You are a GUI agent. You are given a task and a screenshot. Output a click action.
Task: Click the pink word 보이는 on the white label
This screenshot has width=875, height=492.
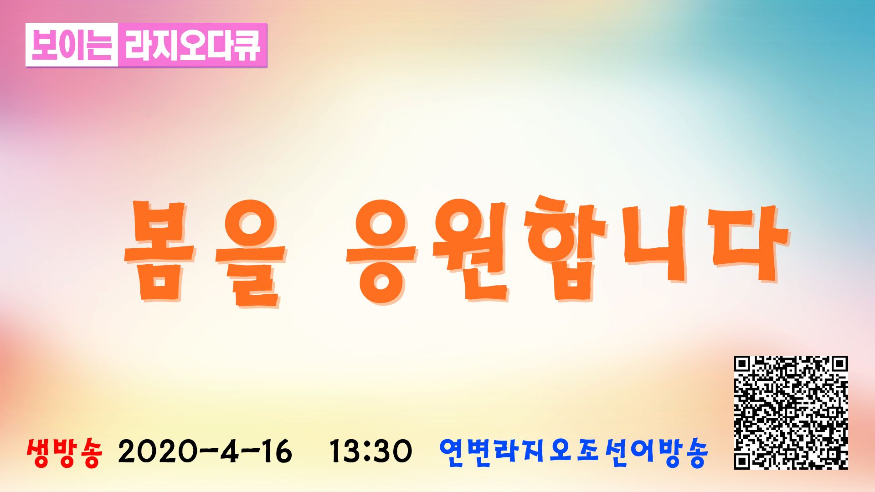click(72, 45)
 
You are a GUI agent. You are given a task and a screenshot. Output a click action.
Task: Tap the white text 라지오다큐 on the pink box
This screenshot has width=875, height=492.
click(192, 45)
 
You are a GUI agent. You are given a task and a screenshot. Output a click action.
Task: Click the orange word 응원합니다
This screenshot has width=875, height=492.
click(568, 250)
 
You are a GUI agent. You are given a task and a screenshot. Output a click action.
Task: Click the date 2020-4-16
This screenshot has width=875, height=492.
click(205, 451)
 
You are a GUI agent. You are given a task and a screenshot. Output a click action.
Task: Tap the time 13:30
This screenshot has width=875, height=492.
click(371, 451)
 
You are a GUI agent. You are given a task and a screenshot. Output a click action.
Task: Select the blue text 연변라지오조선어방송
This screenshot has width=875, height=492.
click(574, 452)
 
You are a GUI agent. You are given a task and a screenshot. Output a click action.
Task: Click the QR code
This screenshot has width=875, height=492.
click(791, 413)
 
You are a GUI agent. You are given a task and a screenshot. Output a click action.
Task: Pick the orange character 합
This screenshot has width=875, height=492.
click(566, 249)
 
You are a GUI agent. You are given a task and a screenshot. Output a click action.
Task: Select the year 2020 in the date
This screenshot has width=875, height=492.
click(157, 451)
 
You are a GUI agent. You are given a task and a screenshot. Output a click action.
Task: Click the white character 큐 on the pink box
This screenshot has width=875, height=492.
click(247, 45)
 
